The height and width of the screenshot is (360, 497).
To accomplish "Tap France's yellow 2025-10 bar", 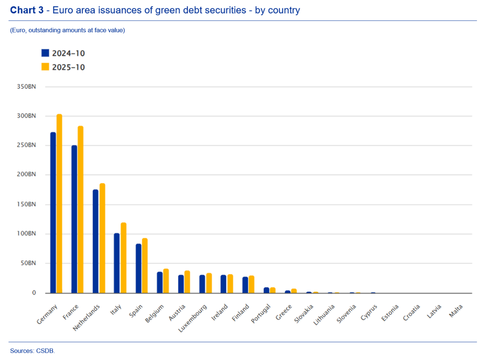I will click(80, 209).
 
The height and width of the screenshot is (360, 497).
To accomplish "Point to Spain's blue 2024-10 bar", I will click(138, 268).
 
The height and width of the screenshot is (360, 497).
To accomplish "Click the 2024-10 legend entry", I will click(63, 53).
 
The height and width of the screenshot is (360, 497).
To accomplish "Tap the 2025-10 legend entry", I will click(63, 67).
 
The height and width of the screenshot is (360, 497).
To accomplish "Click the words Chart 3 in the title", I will click(26, 10).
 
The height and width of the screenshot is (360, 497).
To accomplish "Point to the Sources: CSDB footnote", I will click(32, 351).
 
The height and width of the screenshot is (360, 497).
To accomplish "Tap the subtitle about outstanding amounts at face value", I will click(67, 30).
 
